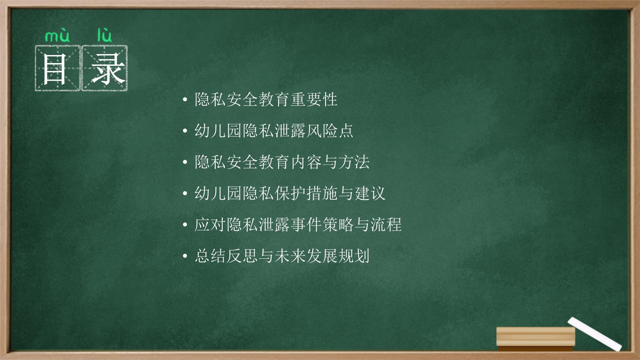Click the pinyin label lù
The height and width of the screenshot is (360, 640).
105,35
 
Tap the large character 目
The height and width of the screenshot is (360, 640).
55,69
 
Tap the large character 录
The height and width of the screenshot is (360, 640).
108,69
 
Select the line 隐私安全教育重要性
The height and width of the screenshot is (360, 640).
266,100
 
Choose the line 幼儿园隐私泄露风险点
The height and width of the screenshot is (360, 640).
274,131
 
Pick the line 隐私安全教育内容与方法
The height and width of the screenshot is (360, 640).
282,162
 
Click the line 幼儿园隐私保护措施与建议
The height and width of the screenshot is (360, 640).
290,193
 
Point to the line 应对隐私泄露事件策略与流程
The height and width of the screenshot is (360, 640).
298,224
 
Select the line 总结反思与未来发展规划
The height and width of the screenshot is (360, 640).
282,256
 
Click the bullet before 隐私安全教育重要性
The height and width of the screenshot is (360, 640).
185,100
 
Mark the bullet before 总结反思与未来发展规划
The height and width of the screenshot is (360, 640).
185,256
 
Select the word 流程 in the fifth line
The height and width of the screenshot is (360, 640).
386,224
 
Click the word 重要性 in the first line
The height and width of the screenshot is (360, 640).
314,100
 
